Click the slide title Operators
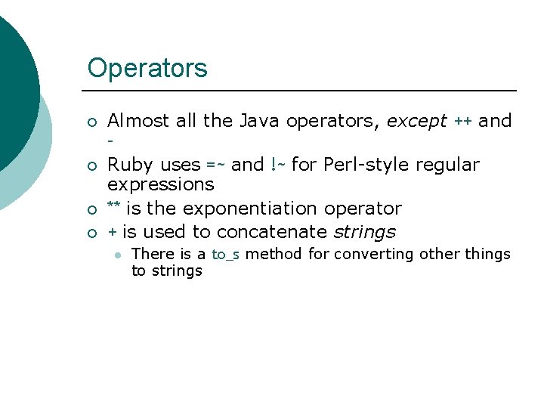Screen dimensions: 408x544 (147, 68)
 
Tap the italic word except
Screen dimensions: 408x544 (417, 121)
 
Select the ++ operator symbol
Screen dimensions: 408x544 (462, 122)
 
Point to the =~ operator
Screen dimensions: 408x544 (215, 165)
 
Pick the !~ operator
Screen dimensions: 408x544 (277, 165)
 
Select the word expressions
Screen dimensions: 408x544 (161, 185)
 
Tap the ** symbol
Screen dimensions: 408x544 (114, 207)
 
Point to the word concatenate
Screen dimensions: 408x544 (272, 232)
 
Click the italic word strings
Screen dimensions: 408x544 (364, 232)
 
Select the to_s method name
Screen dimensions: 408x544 (225, 255)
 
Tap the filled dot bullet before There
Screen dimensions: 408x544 (117, 255)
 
